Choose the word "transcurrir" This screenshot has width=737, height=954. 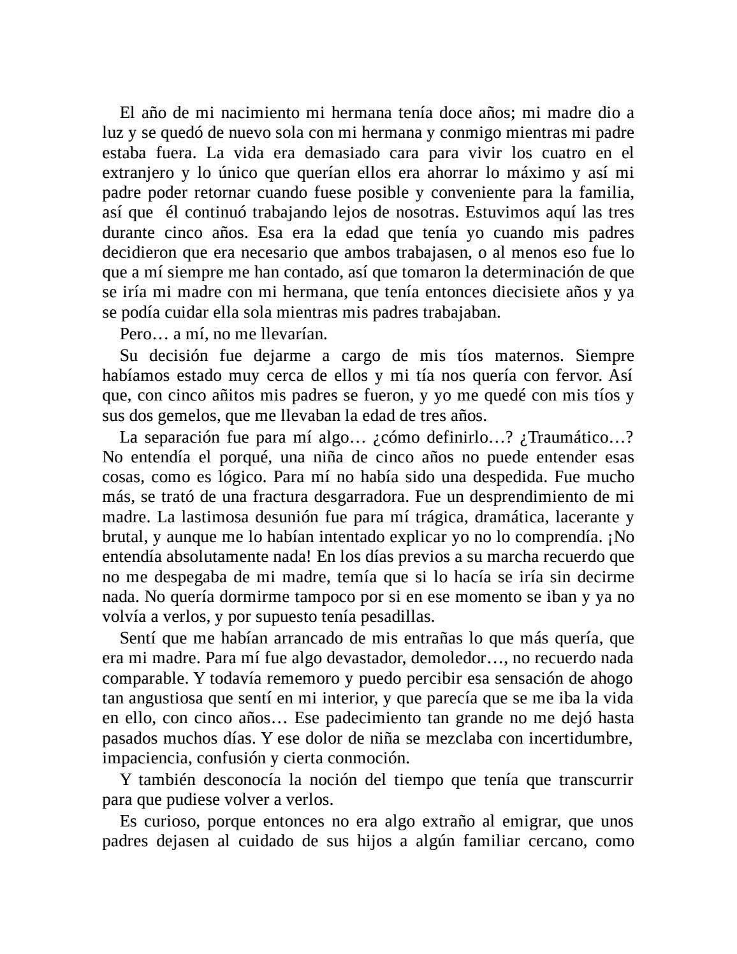[596, 780]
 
